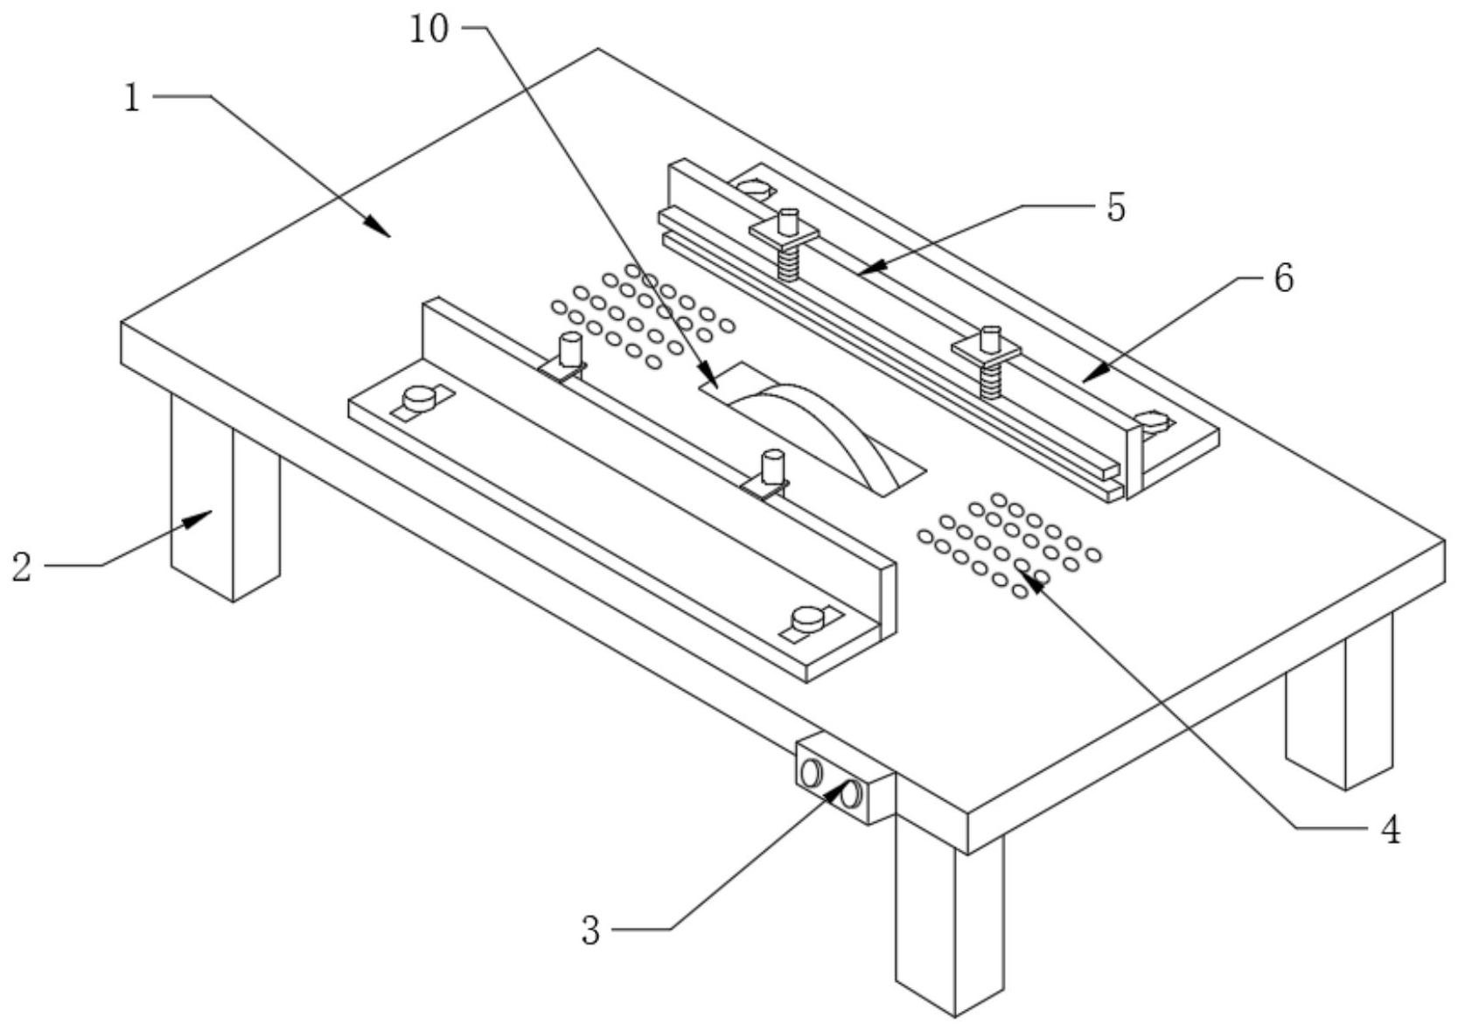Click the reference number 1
pyautogui.click(x=131, y=98)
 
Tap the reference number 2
pyautogui.click(x=22, y=567)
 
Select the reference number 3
pyautogui.click(x=592, y=930)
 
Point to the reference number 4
pyautogui.click(x=1390, y=828)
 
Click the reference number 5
pyautogui.click(x=1116, y=208)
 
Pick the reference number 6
pyautogui.click(x=1282, y=279)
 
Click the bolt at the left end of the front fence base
pyautogui.click(x=419, y=400)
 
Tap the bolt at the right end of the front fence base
pyautogui.click(x=807, y=620)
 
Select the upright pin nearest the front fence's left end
pyautogui.click(x=569, y=349)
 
